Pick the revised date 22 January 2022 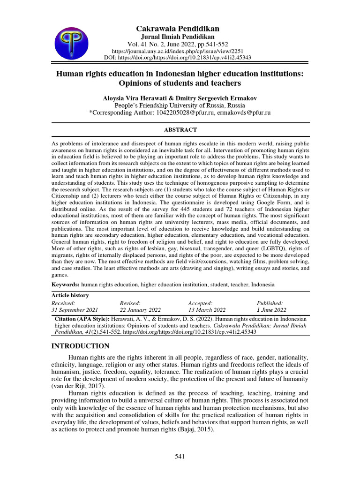[140, 310]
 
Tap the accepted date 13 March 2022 [207, 310]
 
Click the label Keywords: [65, 285]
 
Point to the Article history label [70, 295]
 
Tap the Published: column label [270, 303]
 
